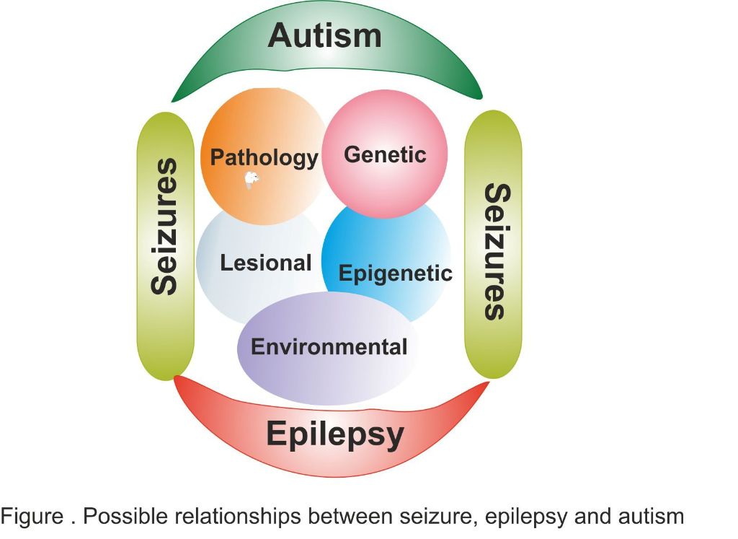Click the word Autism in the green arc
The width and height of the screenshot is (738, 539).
coord(324,35)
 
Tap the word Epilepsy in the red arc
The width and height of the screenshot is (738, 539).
coord(335,434)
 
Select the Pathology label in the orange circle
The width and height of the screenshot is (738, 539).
coord(264,157)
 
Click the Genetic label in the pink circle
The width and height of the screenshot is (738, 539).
coord(385,154)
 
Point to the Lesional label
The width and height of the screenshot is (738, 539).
coord(266,263)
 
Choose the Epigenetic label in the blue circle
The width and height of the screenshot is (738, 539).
coord(395,273)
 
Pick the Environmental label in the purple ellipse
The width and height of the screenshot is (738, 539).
coord(329,346)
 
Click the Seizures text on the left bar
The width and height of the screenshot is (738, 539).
coord(164,227)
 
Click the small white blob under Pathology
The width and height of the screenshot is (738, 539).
coord(251,180)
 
